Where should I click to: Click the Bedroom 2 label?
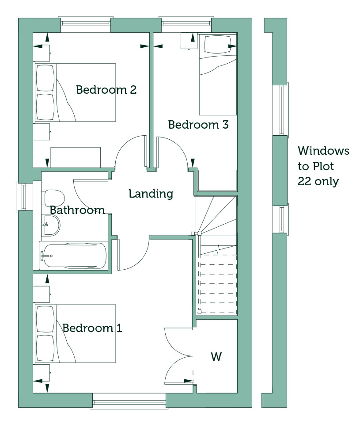(x=106, y=90)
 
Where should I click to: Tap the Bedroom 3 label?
(x=198, y=125)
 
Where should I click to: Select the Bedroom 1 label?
(x=92, y=328)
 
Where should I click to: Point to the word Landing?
(x=151, y=194)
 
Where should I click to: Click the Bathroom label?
(x=77, y=210)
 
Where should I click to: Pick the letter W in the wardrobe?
(x=216, y=357)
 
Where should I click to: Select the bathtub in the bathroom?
(x=73, y=256)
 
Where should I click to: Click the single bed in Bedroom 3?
(x=218, y=74)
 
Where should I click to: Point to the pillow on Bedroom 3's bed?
(x=218, y=44)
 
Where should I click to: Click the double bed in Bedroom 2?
(x=75, y=92)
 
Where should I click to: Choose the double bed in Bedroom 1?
(x=75, y=334)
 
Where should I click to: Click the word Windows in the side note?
(x=323, y=151)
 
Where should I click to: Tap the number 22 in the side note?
(x=304, y=181)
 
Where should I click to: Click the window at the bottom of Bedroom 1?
(x=129, y=401)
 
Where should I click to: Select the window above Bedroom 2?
(x=86, y=21)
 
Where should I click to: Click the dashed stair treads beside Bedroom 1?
(x=218, y=284)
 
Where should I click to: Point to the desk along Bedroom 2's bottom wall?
(x=76, y=157)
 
